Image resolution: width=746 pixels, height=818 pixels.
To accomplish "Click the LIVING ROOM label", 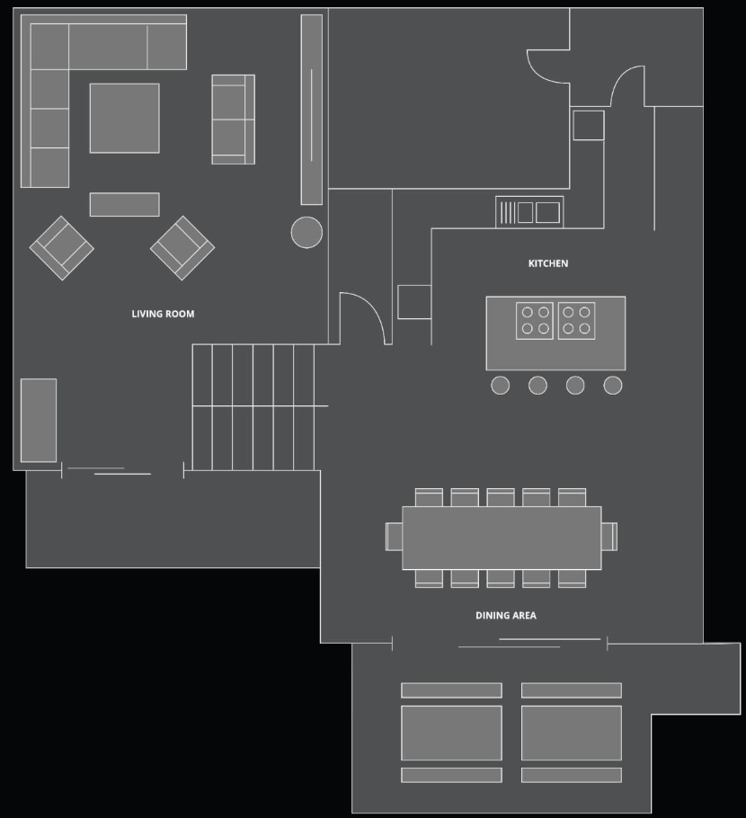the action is pos(163,314).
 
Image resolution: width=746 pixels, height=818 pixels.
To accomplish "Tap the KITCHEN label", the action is pos(548,263).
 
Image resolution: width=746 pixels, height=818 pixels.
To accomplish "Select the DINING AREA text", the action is pos(506,616).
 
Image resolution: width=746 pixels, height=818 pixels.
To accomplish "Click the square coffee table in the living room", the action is pos(125,119).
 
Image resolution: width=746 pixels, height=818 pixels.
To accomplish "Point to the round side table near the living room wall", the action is pos(306,232).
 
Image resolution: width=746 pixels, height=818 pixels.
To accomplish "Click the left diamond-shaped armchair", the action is pos(61,248).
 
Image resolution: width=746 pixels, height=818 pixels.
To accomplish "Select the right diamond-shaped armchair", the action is pos(182,248).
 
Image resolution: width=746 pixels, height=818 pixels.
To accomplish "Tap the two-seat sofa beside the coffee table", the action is pos(233,120).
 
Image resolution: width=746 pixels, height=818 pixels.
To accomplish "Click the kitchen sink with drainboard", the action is pos(529,212).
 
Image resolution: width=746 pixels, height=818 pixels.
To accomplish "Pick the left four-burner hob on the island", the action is pos(535,321).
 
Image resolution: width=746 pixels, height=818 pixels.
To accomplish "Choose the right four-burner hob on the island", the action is pos(576,321).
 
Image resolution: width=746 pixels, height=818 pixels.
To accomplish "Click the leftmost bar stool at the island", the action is pos(501,386).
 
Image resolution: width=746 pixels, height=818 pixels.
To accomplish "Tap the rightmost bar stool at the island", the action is pos(613,386).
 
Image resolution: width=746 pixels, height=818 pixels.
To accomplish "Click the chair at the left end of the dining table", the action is pos(394,537).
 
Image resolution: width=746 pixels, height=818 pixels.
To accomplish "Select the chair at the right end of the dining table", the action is pos(609,537).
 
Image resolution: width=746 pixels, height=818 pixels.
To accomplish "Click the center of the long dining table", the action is pos(502,538).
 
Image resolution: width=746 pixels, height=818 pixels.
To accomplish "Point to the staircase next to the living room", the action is pos(253,407).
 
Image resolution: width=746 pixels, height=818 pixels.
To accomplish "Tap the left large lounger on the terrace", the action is pos(452,733).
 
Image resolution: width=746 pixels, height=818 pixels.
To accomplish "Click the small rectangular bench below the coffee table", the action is pos(125,205).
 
